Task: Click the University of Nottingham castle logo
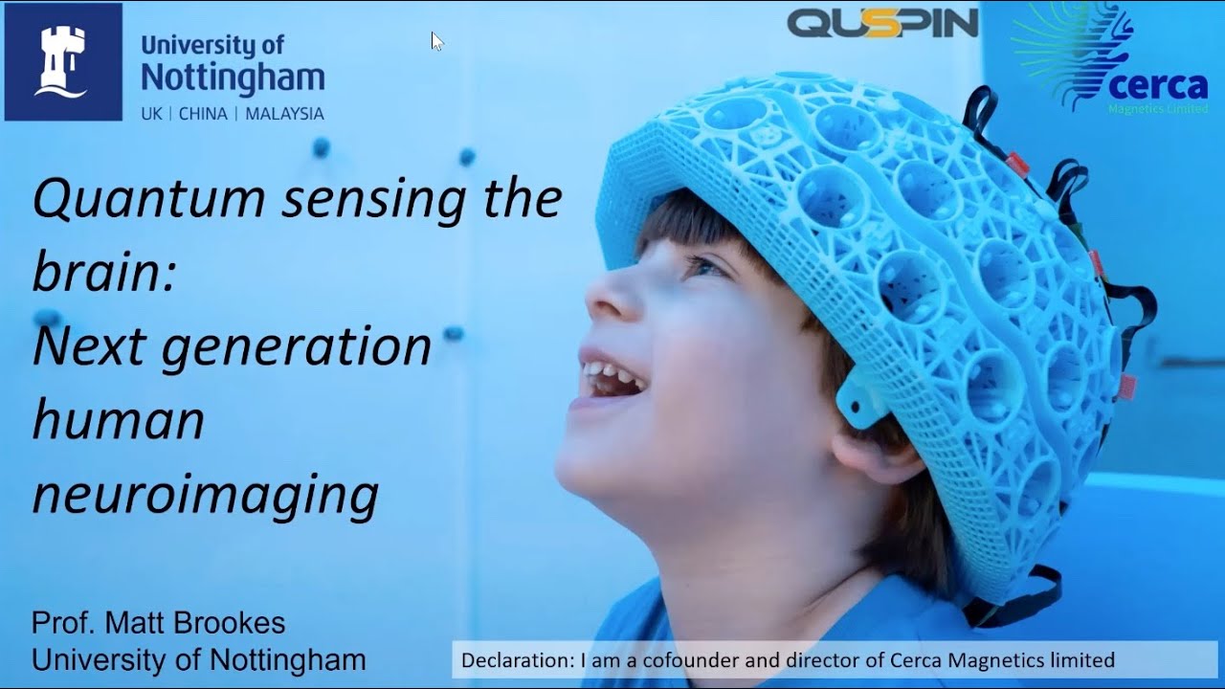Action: [63, 61]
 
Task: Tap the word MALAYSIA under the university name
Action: [284, 114]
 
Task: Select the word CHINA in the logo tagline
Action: [203, 114]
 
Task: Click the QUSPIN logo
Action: [882, 23]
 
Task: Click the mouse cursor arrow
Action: [436, 40]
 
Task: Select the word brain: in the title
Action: [103, 273]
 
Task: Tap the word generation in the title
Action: [297, 346]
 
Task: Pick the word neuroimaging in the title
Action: [205, 495]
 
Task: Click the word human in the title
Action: [118, 421]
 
